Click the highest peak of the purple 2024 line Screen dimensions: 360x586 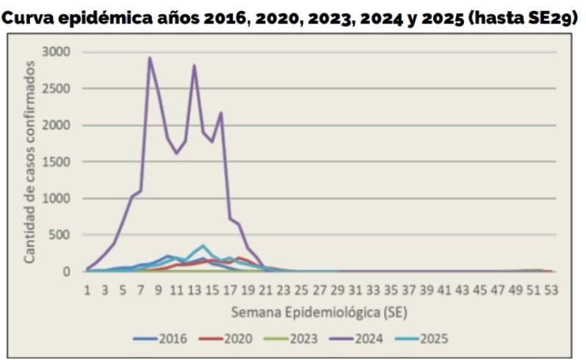tap(150, 58)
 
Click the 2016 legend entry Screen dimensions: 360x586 tap(162, 339)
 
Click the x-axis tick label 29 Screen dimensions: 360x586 tap(337, 289)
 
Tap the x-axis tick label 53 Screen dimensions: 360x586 tap(551, 289)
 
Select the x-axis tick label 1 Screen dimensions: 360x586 tap(87, 289)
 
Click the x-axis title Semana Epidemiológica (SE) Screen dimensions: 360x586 tap(319, 312)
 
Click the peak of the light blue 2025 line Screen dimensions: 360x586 tap(203, 245)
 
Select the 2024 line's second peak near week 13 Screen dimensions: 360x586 tap(194, 65)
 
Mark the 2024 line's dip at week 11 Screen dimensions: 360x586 tap(176, 153)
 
